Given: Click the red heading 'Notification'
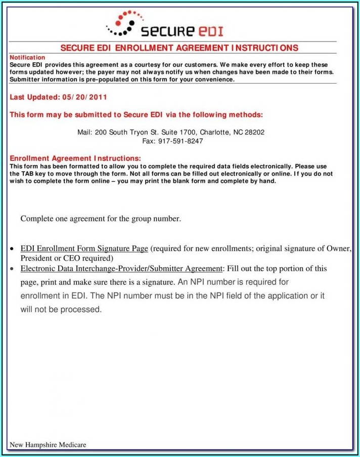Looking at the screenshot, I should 27,58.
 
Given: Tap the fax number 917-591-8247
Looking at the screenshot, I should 181,141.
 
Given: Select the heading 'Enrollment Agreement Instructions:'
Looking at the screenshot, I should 75,158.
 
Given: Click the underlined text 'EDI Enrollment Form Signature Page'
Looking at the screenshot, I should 84,248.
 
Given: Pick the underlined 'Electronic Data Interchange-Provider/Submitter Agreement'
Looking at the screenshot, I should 121,268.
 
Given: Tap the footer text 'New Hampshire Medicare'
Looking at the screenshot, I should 48,445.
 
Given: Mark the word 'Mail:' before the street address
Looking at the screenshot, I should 85,132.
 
